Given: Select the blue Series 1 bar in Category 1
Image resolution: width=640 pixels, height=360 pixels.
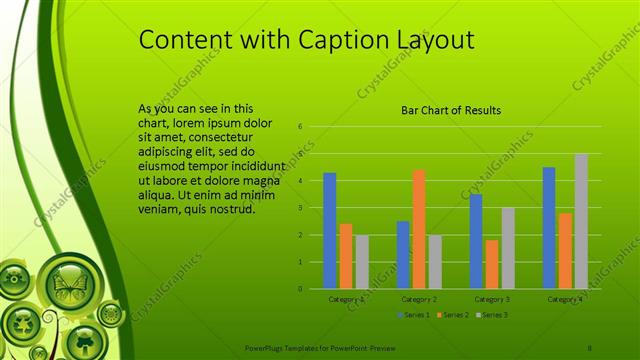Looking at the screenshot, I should click(x=330, y=231).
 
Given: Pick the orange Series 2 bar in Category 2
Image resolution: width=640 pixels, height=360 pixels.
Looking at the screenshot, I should click(x=418, y=229).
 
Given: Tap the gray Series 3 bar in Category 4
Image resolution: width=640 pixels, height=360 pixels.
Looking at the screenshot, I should click(x=580, y=221).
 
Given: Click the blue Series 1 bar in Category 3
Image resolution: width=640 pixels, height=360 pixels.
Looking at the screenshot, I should click(x=476, y=241).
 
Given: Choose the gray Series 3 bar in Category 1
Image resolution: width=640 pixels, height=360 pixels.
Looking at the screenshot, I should click(x=362, y=262).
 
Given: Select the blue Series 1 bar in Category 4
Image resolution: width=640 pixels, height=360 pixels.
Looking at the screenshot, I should click(x=549, y=228).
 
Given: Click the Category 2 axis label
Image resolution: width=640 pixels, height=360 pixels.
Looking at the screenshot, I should click(x=419, y=299).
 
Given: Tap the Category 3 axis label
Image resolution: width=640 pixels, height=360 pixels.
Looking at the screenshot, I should click(x=492, y=299).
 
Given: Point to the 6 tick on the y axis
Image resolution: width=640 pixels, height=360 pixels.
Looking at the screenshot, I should click(x=300, y=127).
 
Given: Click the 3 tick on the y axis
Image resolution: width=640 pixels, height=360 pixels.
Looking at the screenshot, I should click(x=300, y=208).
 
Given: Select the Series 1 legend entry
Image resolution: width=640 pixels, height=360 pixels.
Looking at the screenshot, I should click(x=415, y=315).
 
